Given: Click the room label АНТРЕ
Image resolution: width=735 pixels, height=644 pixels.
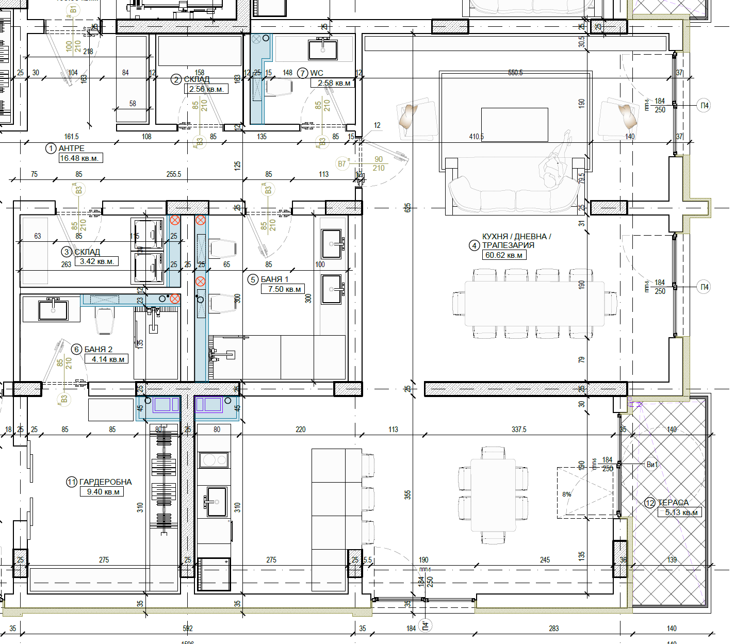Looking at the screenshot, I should click(x=71, y=148).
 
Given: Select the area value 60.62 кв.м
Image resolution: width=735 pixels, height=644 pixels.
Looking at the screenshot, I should click(x=504, y=255).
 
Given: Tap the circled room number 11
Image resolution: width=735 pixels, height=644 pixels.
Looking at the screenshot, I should click(x=72, y=482).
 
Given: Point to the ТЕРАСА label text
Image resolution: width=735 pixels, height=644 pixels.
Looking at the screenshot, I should click(x=673, y=502).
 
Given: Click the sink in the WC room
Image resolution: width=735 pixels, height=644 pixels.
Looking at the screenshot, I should click(x=323, y=50).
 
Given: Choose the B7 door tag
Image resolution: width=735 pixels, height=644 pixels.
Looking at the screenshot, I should click(x=342, y=164).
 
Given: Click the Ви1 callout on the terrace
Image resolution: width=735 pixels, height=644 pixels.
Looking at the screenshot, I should click(x=652, y=465).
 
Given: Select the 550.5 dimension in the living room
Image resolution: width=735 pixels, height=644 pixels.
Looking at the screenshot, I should click(x=515, y=73).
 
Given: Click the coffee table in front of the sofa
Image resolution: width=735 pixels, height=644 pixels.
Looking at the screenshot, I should click(x=514, y=124).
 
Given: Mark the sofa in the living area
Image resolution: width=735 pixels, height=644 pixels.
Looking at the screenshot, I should click(x=514, y=195).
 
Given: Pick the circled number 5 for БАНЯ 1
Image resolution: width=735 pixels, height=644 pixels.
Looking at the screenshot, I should click(x=253, y=279).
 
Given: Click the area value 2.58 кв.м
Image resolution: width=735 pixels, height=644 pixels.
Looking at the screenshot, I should click(x=334, y=83).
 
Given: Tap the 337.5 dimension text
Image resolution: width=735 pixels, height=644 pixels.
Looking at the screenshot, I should click(x=519, y=430).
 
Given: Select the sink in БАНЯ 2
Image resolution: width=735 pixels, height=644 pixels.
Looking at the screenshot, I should click(x=53, y=310).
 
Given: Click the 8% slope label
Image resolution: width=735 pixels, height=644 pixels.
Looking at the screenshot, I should click(x=567, y=494).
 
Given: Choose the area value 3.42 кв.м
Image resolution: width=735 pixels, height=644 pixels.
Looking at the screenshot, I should click(x=96, y=261).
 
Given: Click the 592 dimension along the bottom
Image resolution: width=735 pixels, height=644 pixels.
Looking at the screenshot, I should click(x=188, y=629).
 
